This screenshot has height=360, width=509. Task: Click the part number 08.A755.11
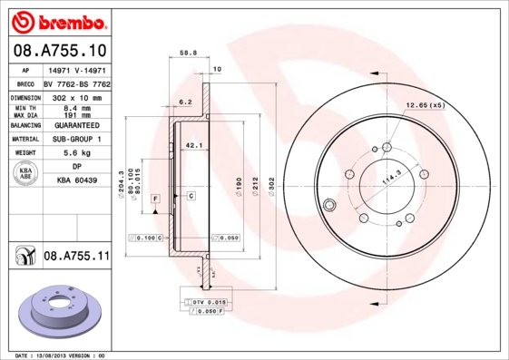point(75,257)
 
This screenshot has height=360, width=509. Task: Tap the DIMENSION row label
point(26,96)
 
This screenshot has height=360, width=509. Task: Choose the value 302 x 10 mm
point(75,96)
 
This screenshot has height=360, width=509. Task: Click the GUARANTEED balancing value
point(75,124)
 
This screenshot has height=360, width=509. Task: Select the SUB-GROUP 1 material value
point(75,139)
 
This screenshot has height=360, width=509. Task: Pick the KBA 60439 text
point(76,181)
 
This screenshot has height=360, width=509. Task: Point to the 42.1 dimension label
point(192,144)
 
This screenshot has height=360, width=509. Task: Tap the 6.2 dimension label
point(185,102)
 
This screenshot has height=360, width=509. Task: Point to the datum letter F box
point(155,197)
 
